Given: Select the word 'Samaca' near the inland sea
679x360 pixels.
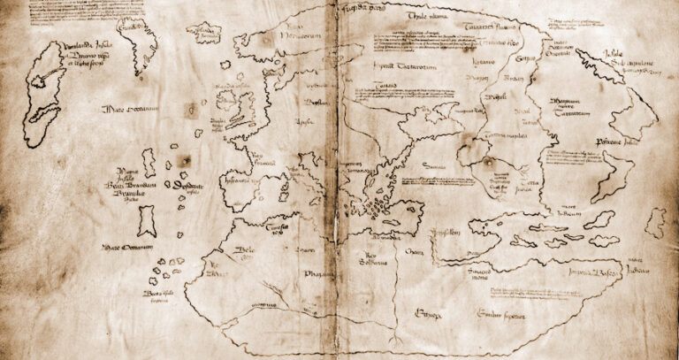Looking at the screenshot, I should [x=432, y=165].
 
